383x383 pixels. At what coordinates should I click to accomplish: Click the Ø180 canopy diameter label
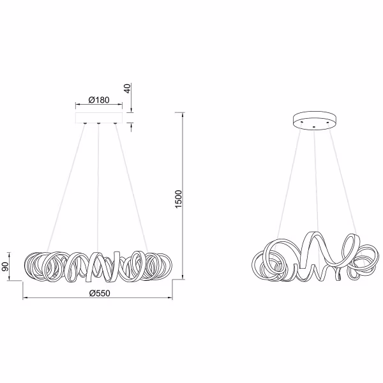coord(98,100)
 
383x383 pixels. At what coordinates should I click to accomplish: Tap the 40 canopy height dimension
coord(128,89)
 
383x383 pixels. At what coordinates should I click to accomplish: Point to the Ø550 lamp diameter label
coord(99,292)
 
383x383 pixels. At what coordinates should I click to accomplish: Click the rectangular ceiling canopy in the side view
coord(98,118)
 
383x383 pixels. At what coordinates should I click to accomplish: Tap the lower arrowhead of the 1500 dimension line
coord(183,278)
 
